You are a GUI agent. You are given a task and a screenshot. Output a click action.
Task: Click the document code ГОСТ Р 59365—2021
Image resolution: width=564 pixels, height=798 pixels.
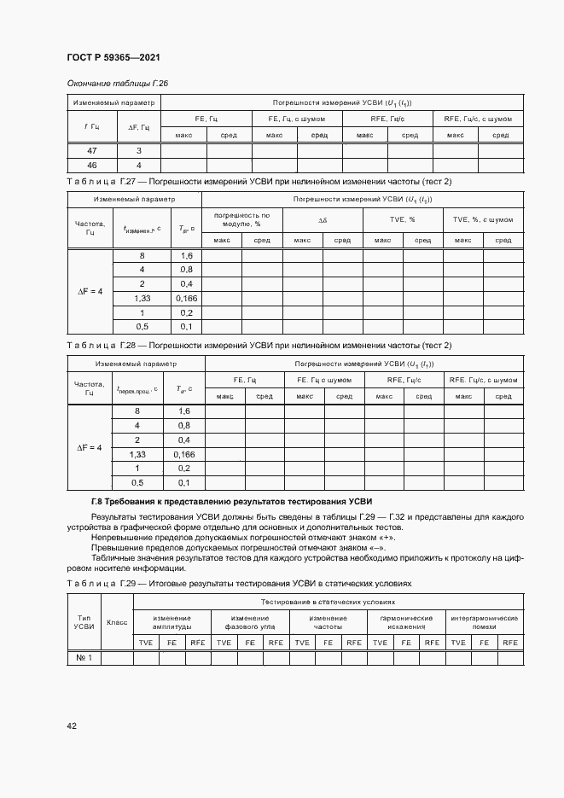(x=113, y=57)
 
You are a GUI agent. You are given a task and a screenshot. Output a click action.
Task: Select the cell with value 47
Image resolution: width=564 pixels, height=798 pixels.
(x=92, y=151)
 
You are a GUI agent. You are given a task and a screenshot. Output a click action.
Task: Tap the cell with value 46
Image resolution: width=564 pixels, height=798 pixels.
(x=92, y=165)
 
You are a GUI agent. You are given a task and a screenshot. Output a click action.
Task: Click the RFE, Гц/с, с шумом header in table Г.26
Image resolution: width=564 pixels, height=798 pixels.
(x=478, y=119)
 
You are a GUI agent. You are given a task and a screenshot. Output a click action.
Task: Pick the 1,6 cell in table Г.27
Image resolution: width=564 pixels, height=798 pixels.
(x=187, y=256)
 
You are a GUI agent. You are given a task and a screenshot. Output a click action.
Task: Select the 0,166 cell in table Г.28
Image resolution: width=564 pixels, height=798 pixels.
(x=183, y=455)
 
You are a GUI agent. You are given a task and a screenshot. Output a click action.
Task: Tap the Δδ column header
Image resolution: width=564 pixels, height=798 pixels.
(x=323, y=219)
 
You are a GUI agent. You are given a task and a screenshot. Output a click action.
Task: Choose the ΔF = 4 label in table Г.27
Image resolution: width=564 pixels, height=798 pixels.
(x=90, y=291)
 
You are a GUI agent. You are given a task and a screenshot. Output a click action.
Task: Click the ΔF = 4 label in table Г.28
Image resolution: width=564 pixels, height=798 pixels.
(x=90, y=447)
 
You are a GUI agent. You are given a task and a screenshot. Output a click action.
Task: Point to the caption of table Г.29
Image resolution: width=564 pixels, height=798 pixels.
(x=239, y=583)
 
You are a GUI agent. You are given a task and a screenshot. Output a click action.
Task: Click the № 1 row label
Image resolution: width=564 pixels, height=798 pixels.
(x=84, y=657)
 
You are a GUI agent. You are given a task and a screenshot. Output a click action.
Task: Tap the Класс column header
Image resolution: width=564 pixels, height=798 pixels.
(x=117, y=622)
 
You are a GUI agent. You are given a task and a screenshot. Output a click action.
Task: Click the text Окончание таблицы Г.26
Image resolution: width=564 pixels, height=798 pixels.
(x=118, y=83)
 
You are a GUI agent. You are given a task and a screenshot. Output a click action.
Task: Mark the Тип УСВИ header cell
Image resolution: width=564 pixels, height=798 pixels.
(x=84, y=622)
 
